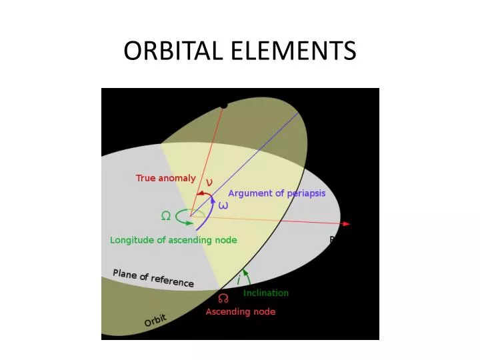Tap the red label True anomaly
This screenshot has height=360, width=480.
[166, 178]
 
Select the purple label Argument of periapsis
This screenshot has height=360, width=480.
[277, 193]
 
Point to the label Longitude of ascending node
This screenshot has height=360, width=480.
[173, 240]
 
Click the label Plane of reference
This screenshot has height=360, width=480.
[153, 277]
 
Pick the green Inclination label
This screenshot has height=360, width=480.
[266, 293]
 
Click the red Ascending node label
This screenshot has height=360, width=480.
[240, 311]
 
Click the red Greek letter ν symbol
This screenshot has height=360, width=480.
[209, 181]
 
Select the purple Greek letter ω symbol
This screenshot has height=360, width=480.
[223, 205]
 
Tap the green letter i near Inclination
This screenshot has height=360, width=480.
[239, 281]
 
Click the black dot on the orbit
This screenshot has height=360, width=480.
[224, 105]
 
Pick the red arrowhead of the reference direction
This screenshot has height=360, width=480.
[346, 224]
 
